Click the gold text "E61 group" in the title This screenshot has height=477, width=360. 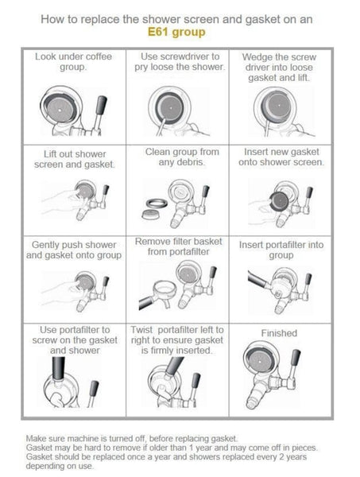coord(176,32)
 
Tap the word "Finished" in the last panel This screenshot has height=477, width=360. coord(279,333)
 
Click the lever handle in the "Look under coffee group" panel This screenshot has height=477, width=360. coord(102,105)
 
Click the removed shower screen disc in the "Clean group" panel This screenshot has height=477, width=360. coord(152,214)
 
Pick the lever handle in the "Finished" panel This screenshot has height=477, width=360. coord(296,359)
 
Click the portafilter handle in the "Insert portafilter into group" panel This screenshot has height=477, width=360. coord(257,279)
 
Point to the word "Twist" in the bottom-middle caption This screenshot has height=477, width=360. coord(142,330)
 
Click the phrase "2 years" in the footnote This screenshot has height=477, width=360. coord(290,456)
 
